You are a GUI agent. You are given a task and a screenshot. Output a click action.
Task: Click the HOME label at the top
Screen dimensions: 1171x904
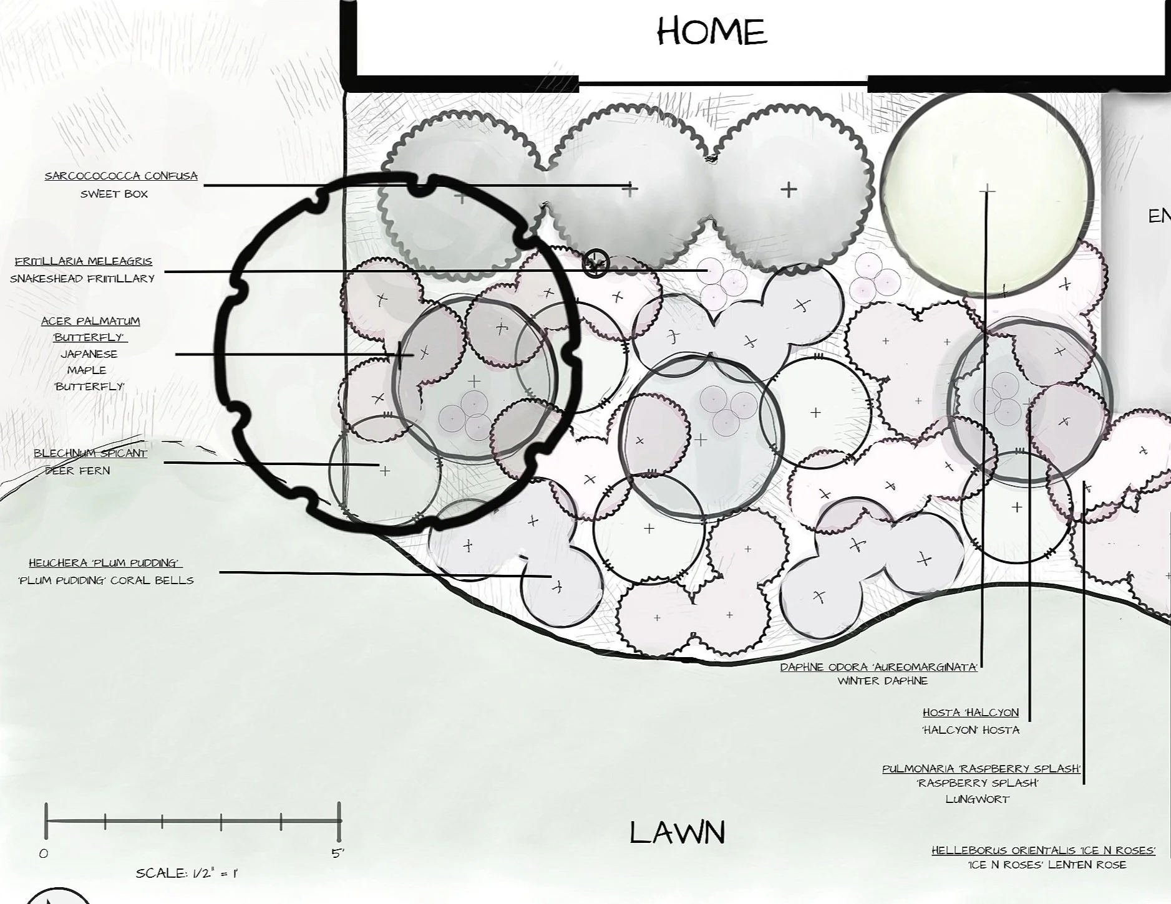click(x=712, y=31)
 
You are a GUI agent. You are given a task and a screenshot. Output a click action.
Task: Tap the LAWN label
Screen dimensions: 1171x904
click(x=677, y=833)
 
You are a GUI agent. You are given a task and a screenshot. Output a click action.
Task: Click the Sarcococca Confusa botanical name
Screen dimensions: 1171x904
click(x=121, y=176)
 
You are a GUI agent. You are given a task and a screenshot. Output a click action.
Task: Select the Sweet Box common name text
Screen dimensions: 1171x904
click(x=114, y=194)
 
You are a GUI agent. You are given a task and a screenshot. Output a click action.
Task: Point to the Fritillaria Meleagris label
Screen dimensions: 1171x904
click(x=84, y=261)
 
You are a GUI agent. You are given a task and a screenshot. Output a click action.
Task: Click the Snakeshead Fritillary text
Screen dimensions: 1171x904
click(x=82, y=279)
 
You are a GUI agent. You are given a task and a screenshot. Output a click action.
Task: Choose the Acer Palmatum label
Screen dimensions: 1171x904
click(x=90, y=321)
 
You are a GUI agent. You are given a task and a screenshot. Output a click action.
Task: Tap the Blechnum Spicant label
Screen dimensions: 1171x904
click(x=90, y=453)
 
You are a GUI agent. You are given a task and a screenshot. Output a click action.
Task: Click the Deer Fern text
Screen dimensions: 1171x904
click(x=78, y=471)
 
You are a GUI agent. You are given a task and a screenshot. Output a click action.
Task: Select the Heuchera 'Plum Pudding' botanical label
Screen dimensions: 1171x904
click(x=105, y=563)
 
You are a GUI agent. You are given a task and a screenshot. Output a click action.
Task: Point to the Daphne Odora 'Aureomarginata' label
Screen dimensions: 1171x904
click(x=878, y=667)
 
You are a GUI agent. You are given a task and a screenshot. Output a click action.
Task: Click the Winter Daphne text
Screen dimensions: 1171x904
click(x=883, y=681)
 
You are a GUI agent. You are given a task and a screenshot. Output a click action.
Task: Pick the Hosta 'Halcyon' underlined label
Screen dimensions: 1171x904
click(x=971, y=713)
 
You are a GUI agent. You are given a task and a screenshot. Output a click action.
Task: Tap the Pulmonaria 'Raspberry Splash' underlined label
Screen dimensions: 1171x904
click(x=981, y=769)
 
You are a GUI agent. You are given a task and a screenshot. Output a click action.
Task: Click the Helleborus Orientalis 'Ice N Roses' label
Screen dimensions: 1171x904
click(x=1043, y=850)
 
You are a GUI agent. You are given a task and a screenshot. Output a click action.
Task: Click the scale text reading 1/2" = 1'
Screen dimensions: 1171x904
click(x=187, y=873)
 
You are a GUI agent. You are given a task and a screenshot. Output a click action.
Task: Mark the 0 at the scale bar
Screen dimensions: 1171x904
click(x=44, y=854)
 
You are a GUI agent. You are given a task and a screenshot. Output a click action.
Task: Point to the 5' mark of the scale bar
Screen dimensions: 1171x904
click(x=338, y=854)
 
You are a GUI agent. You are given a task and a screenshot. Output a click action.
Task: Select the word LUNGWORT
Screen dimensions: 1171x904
click(x=977, y=799)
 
